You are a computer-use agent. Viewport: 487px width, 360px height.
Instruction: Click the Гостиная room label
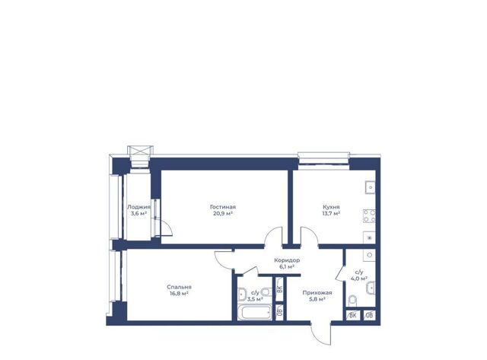223,207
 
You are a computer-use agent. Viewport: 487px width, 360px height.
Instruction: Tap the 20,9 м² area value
223,214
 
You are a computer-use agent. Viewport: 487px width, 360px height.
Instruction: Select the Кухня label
331,207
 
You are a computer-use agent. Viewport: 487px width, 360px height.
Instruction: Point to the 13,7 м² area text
331,214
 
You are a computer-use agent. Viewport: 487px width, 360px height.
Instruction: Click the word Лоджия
138,207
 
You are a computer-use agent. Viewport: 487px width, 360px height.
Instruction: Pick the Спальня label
180,287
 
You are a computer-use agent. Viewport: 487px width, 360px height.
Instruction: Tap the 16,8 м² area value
180,294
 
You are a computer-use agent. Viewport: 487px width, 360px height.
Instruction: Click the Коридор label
287,260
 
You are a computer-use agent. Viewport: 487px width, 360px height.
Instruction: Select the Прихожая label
317,292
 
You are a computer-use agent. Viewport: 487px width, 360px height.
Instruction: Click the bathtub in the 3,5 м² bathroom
256,313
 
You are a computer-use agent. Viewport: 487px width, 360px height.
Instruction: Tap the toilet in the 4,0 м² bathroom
352,301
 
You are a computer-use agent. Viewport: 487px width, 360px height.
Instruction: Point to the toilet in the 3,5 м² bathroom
266,292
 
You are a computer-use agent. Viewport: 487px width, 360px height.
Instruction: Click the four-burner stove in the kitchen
369,216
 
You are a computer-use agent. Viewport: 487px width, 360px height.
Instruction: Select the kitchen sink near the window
370,187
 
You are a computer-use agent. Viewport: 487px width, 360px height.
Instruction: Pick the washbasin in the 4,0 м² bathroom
371,288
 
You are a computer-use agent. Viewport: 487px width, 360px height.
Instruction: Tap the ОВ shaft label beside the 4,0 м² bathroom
369,316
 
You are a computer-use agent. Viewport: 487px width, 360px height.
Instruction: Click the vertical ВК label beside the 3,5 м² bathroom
279,289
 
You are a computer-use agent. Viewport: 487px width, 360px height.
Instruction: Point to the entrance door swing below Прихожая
320,333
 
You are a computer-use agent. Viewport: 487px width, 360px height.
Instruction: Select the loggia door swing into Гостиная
167,228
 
